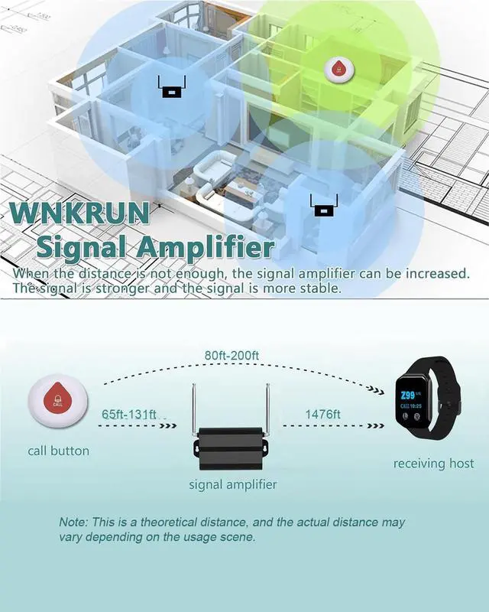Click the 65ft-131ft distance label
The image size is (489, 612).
coord(129,414)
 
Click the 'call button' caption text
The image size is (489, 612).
coord(58,451)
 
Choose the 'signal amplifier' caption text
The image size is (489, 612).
coord(233,484)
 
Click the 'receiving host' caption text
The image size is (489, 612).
coord(433,464)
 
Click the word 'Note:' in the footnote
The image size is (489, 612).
coord(74,522)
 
